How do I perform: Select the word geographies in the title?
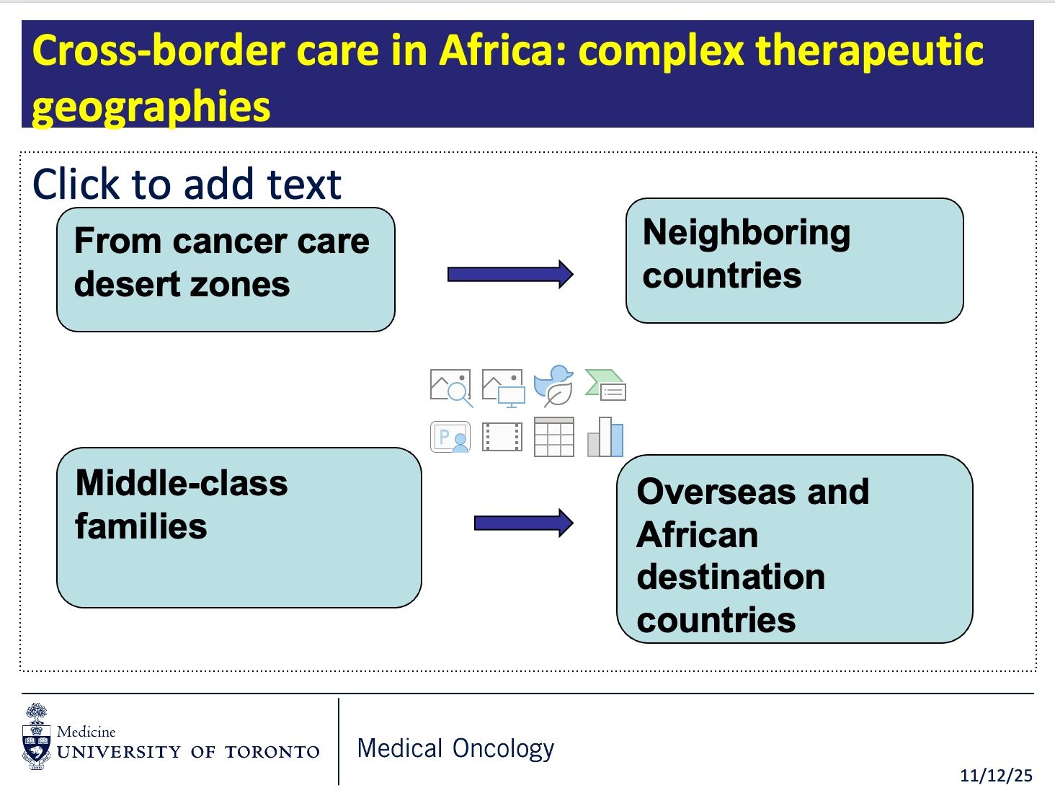pos(151,107)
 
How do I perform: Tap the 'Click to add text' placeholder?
pos(187,184)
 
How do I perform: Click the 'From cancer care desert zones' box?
pos(226,270)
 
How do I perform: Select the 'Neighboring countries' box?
pos(794,260)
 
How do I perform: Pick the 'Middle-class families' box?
pos(239,527)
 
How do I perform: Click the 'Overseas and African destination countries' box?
pos(794,549)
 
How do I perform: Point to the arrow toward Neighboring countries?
pos(510,274)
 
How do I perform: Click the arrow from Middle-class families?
pos(523,523)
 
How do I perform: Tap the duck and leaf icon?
pos(553,386)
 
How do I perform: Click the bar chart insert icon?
pos(605,437)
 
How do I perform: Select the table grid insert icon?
pos(553,437)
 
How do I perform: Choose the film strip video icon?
pos(502,437)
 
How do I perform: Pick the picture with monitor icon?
pos(502,387)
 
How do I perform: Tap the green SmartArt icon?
pos(605,385)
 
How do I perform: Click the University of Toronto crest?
pos(36,737)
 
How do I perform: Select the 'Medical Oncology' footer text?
pos(455,748)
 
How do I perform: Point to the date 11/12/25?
pos(996,776)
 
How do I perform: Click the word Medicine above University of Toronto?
pos(86,732)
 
